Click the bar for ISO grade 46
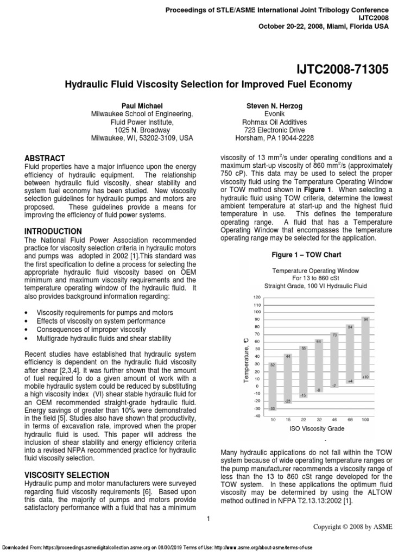pos(335,360)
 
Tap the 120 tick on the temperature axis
pos(257,297)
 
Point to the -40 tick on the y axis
pos(257,416)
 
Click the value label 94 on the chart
pos(366,319)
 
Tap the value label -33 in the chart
pos(272,408)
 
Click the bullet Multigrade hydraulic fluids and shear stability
pos(103,338)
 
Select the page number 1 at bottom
pos(208,519)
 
